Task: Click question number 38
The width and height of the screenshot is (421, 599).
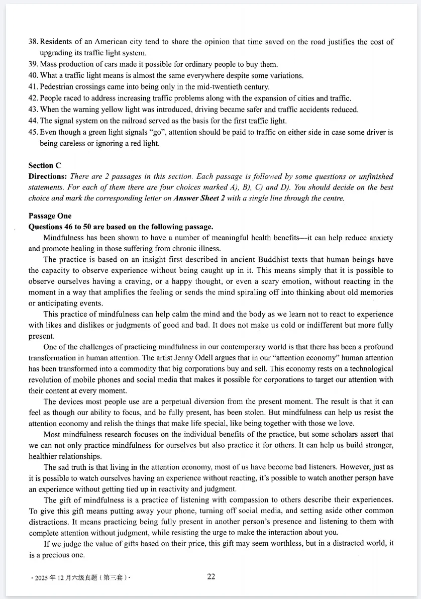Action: click(x=33, y=42)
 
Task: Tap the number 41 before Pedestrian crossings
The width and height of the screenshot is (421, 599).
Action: click(x=33, y=87)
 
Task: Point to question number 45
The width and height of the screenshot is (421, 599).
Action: click(x=33, y=132)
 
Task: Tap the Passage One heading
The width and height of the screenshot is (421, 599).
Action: click(x=50, y=216)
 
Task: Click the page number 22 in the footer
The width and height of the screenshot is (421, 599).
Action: click(x=211, y=577)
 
